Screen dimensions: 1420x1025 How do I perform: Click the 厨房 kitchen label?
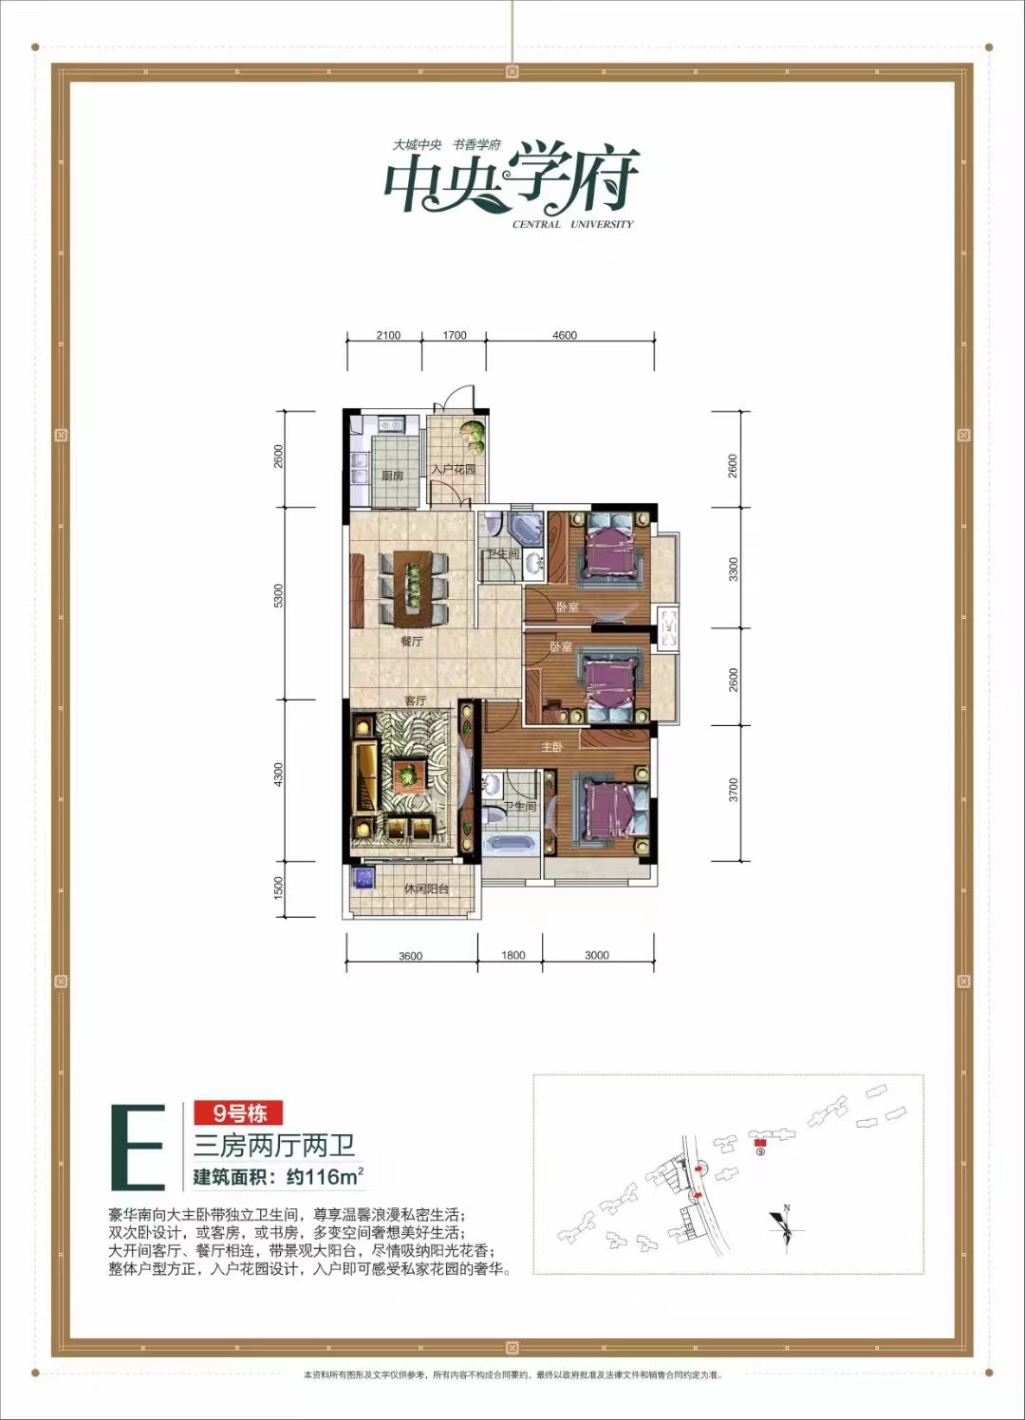tap(392, 475)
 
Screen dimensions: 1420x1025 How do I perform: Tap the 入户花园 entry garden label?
tap(452, 470)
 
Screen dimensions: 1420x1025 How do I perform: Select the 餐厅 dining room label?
tap(411, 642)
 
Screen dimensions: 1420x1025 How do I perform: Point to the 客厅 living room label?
tap(415, 701)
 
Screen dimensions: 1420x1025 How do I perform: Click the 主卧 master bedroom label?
tap(551, 747)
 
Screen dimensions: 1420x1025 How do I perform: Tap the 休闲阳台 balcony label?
tap(426, 889)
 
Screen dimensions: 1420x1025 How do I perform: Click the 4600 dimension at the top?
tap(565, 335)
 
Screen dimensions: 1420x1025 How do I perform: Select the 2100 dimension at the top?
tap(388, 335)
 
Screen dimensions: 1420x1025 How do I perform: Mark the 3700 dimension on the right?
tap(733, 790)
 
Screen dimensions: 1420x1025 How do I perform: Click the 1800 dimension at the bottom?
tap(512, 955)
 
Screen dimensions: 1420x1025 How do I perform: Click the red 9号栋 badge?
tap(239, 1112)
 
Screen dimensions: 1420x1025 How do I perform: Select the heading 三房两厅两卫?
tap(275, 1146)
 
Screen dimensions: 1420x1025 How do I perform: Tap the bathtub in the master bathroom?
tap(510, 850)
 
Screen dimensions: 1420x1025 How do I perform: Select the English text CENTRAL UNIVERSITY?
tap(572, 225)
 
